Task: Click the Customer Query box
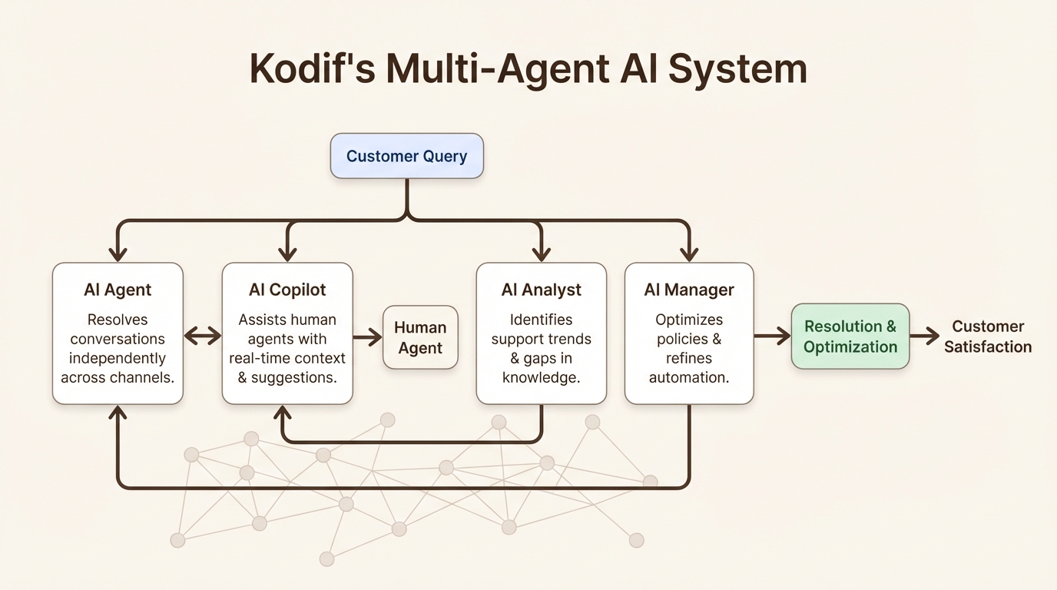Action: tap(406, 156)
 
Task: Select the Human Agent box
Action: tap(420, 337)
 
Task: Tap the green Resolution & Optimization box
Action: tap(850, 336)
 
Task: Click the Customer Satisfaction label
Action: tap(987, 336)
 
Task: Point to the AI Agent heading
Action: tap(118, 290)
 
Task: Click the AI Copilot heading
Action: tap(287, 290)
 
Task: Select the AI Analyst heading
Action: tap(541, 290)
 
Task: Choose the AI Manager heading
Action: tap(689, 290)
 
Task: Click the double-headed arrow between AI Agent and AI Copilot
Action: tap(203, 336)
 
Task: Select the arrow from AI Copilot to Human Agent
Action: tap(368, 336)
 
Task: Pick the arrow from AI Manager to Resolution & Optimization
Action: tap(772, 336)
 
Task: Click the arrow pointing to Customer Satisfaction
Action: tap(925, 336)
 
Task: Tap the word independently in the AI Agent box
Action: tap(118, 358)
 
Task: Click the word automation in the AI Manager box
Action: tap(688, 377)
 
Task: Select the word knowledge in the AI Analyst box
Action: tap(541, 377)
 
